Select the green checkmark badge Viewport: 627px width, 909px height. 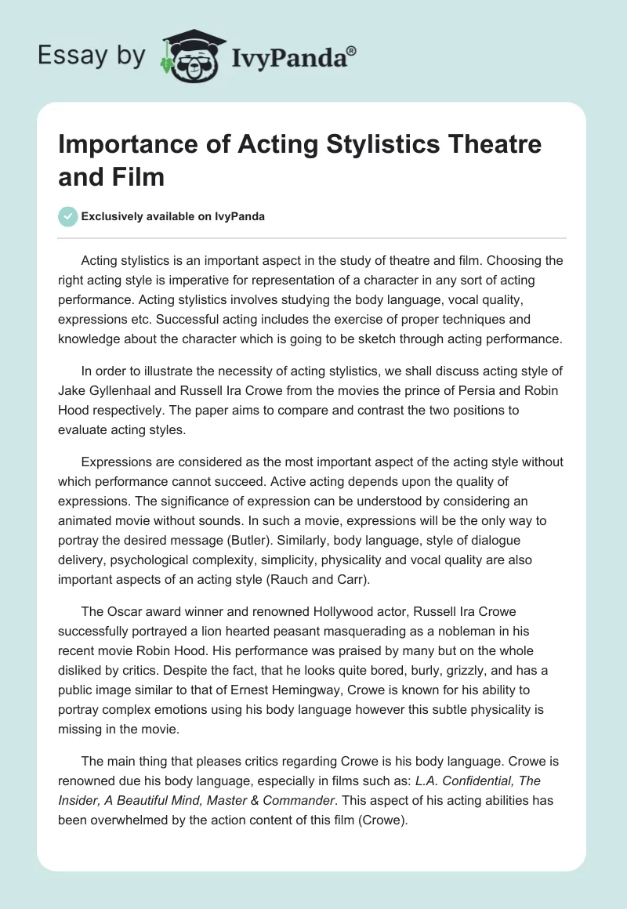pos(69,217)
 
